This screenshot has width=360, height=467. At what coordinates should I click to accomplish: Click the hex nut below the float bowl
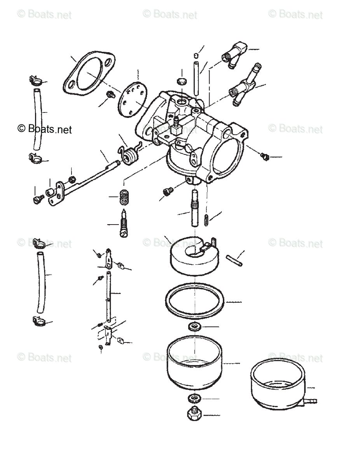pos(193,414)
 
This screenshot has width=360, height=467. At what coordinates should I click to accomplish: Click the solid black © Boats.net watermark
pos(45,128)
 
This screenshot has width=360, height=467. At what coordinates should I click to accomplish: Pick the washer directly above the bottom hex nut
pos(193,399)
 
